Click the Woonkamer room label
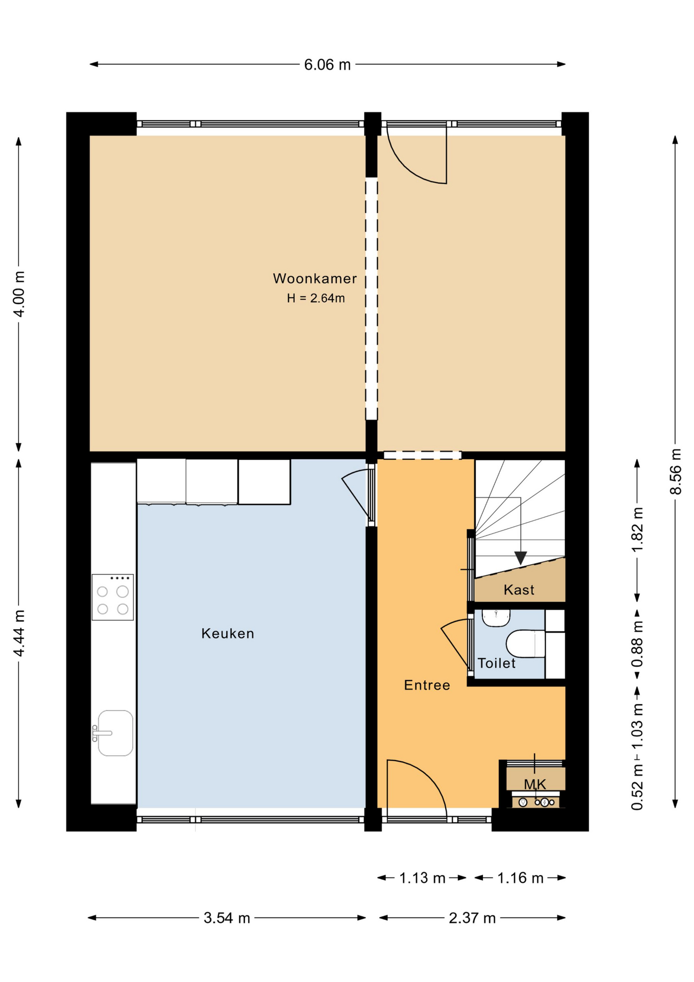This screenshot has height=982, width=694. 315,279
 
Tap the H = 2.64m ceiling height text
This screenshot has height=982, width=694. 316,298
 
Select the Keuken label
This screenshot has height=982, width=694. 227,634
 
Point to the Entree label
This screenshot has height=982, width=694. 427,685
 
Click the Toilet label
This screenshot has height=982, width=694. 496,663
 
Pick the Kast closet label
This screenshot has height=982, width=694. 519,590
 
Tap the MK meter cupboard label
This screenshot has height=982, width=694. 535,784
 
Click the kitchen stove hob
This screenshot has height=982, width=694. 112,597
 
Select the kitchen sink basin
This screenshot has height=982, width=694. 115,733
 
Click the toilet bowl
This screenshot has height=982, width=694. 525,643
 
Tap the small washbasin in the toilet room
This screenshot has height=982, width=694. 496,618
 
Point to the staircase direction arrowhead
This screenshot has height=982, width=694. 520,558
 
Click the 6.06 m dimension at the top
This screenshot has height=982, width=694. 327,64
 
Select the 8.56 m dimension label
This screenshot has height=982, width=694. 676,472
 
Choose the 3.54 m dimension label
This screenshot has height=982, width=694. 227,918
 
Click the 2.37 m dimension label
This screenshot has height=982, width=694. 472,918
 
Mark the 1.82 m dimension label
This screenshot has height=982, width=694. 637,530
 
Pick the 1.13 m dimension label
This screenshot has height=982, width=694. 422,878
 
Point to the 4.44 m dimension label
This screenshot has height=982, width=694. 19,633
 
